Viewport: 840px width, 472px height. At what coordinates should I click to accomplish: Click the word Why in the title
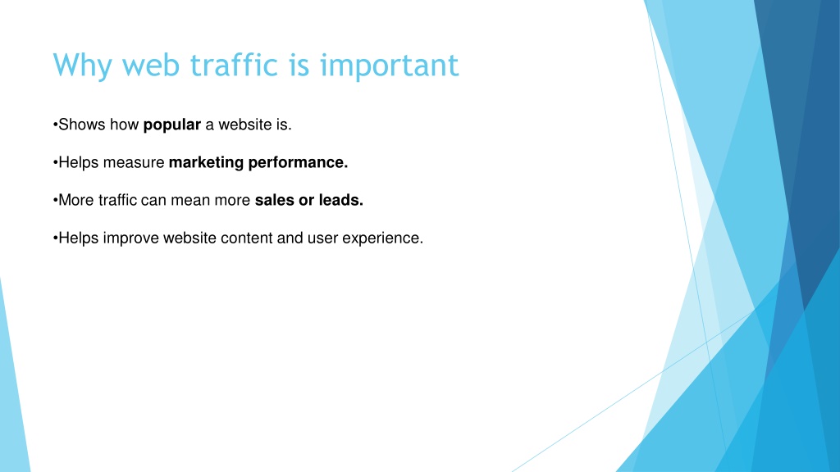tap(83, 66)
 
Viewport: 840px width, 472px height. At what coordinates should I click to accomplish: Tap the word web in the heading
tap(151, 66)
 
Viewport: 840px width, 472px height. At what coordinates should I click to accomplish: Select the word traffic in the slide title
tap(234, 65)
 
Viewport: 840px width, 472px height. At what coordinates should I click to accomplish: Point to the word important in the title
tap(390, 66)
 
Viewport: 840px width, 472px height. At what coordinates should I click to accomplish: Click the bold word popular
tap(172, 125)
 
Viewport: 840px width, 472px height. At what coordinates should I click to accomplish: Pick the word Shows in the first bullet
tap(82, 125)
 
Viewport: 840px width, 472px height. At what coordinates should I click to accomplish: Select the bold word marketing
tap(206, 163)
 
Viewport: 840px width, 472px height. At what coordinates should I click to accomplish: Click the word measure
tap(134, 163)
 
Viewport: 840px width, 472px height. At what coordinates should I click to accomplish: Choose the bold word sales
tap(274, 200)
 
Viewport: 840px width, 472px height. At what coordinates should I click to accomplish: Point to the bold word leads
tap(341, 200)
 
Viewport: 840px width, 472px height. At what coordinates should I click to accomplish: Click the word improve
tap(130, 238)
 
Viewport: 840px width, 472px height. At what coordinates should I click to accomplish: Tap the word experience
tap(383, 238)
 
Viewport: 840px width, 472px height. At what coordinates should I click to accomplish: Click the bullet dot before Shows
tap(55, 125)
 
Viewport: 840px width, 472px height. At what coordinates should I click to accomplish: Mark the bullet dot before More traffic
tap(55, 201)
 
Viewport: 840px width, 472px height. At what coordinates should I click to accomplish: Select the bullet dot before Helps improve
tap(55, 238)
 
